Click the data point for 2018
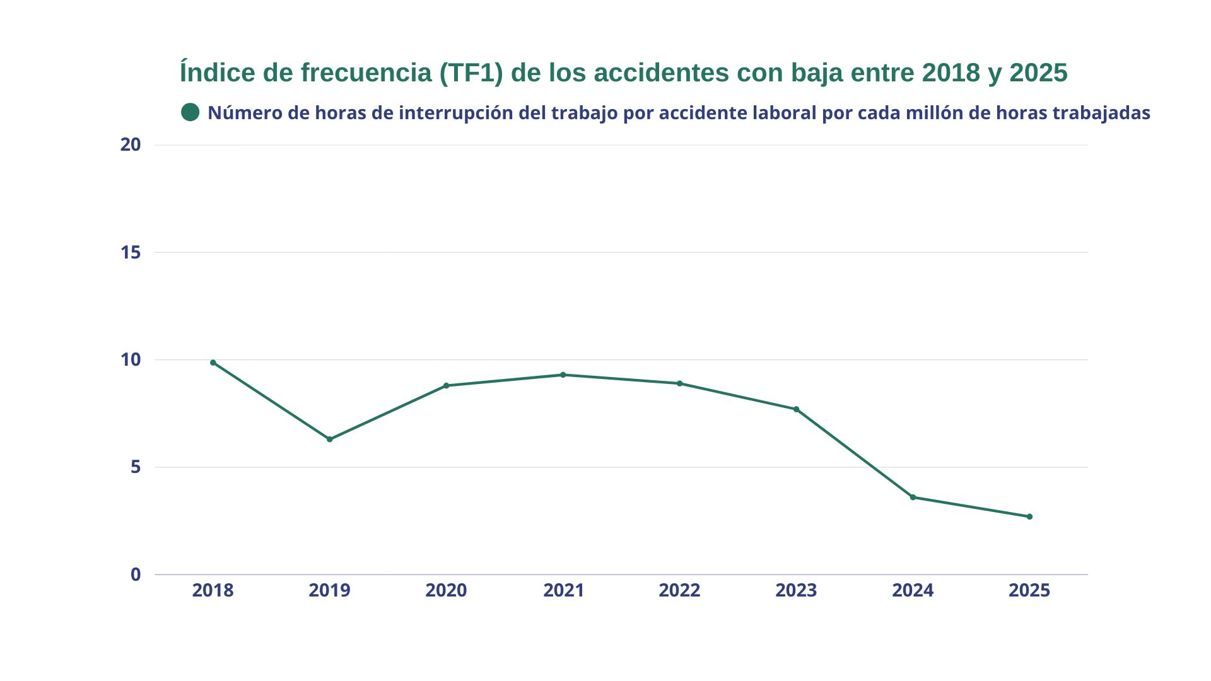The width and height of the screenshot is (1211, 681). point(213,363)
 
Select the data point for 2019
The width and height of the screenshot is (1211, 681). point(330,439)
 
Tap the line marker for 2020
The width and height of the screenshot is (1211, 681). point(447,385)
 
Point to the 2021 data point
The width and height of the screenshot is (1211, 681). point(563,375)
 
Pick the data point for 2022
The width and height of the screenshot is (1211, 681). point(680,383)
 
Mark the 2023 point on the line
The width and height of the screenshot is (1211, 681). point(797,409)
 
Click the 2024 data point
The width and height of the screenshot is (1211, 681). point(913,497)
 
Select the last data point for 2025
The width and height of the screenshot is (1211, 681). point(1029,516)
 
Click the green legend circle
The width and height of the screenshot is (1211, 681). point(190,112)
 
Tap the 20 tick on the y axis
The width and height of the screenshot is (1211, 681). point(131,144)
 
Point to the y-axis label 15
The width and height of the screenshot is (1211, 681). point(131,252)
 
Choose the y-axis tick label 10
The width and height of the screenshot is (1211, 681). point(131,359)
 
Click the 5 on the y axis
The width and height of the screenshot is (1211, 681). point(136,467)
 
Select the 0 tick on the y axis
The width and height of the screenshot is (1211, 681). point(136,574)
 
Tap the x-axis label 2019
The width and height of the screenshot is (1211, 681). point(330,590)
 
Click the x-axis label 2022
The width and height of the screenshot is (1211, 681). point(680,590)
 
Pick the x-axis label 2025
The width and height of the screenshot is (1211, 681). point(1029,590)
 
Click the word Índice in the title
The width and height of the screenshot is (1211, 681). point(218,73)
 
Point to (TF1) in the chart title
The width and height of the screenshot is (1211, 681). point(472,73)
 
